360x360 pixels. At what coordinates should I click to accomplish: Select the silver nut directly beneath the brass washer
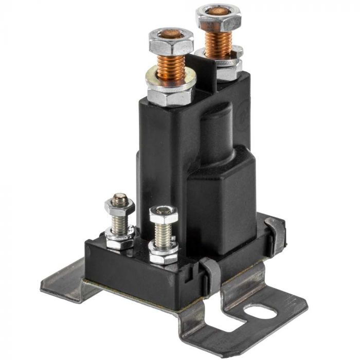click(x=170, y=95)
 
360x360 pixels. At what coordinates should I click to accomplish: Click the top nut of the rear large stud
click(x=219, y=17)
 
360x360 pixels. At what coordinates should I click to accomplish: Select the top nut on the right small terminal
click(x=164, y=215)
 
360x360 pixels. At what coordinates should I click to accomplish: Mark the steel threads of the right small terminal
click(x=163, y=235)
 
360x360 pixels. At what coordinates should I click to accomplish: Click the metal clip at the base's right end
click(x=275, y=234)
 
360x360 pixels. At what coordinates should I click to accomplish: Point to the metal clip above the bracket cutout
click(x=211, y=273)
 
